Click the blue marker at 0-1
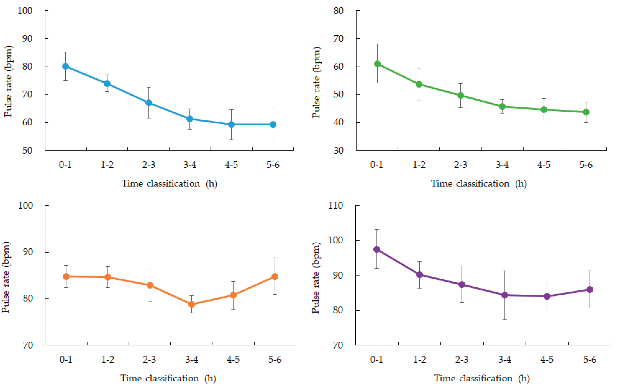tap(65, 66)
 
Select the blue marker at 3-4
tap(190, 119)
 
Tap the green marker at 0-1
tap(377, 64)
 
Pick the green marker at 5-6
tap(586, 112)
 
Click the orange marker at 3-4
tap(191, 304)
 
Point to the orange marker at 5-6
tap(275, 276)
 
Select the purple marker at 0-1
tap(377, 249)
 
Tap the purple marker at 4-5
tap(547, 296)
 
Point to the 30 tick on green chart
tap(338, 150)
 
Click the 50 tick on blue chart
tap(27, 150)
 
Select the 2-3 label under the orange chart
tap(149, 359)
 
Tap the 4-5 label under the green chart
tap(544, 165)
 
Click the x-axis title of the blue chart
tap(169, 184)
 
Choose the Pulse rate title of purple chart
tap(316, 278)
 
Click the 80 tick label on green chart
tap(338, 11)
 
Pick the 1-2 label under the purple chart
tap(419, 359)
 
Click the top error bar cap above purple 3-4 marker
tap(505, 271)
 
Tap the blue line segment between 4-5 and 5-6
tap(252, 125)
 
